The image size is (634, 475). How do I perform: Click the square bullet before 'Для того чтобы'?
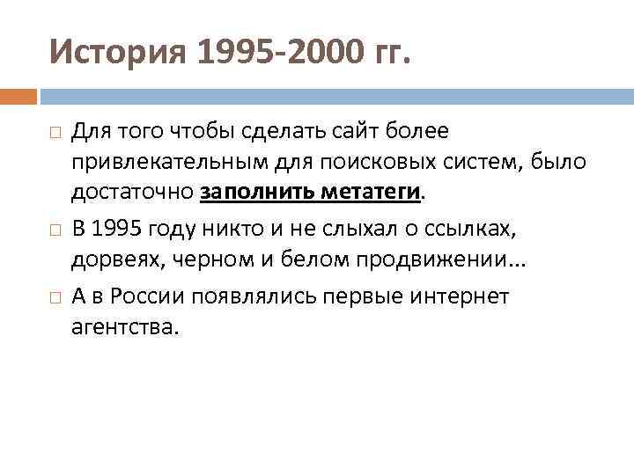pyautogui.click(x=55, y=132)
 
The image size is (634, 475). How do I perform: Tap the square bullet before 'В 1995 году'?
pyautogui.click(x=55, y=230)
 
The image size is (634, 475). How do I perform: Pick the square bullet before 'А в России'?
pyautogui.click(x=55, y=296)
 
